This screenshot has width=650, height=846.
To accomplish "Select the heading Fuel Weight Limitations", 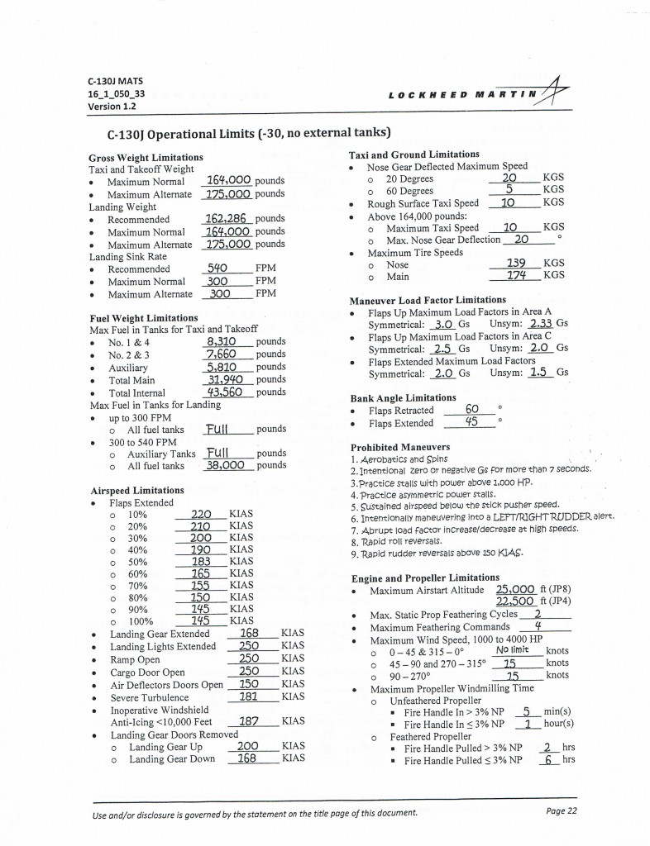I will point(143,318).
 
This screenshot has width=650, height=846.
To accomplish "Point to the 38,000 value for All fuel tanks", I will point(225,465).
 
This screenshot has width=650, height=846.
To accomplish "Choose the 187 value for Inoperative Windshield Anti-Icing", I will point(248,720).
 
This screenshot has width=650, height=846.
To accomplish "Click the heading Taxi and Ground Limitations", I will point(414,154).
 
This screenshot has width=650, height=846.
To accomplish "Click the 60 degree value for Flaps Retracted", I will point(473,409).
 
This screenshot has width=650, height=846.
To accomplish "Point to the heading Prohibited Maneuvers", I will point(403,448).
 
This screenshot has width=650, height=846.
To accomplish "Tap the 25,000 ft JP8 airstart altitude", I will point(518,590).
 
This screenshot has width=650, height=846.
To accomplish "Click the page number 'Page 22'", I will point(561,810).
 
